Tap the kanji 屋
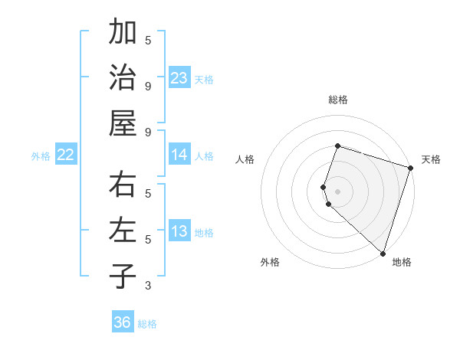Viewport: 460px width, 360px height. click(x=123, y=123)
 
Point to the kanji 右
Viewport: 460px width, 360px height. click(x=123, y=185)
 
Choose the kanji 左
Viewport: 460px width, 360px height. click(x=123, y=231)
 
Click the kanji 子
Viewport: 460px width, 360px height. click(x=123, y=276)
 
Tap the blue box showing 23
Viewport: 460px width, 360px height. click(x=179, y=78)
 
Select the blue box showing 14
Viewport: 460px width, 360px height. click(x=179, y=155)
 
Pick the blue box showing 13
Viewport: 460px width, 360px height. click(x=179, y=231)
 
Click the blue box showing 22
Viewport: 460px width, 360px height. click(x=66, y=155)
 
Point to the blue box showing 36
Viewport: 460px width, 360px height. click(x=123, y=322)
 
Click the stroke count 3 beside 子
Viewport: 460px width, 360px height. click(x=148, y=286)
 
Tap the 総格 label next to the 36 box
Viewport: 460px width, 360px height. click(x=147, y=324)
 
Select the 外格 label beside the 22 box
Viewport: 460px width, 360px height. click(x=41, y=156)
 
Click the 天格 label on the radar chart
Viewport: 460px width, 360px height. click(x=431, y=159)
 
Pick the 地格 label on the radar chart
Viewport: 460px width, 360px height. click(x=402, y=263)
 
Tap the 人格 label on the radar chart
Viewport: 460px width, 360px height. click(x=245, y=159)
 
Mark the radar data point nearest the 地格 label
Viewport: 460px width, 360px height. click(x=382, y=253)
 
